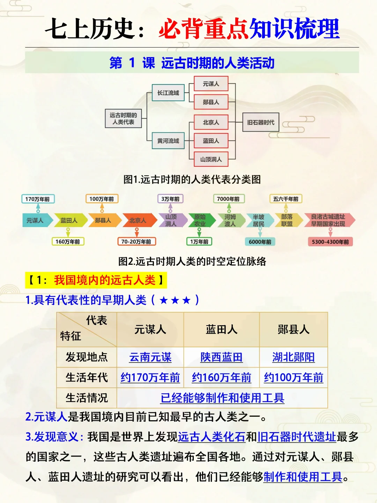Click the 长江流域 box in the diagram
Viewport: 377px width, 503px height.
(x=168, y=93)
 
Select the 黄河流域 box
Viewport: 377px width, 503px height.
(x=168, y=141)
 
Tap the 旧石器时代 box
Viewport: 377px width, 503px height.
(x=261, y=122)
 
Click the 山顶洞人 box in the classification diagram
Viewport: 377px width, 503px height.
(x=211, y=159)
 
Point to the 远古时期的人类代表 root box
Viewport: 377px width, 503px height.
(x=123, y=118)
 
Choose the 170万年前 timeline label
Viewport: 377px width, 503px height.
(x=38, y=199)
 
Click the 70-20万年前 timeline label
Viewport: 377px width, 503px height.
(x=136, y=241)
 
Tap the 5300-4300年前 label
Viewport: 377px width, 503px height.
(x=330, y=242)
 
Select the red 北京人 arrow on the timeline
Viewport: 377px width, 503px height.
(x=138, y=220)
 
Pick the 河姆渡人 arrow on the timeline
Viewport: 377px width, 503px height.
(x=230, y=220)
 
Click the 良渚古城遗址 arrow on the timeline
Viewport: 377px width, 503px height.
(x=328, y=220)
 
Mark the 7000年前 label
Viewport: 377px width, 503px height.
(x=229, y=199)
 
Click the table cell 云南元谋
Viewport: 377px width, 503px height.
(x=150, y=357)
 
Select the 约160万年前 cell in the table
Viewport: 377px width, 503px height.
(x=221, y=378)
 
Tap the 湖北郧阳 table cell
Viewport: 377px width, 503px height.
(x=293, y=357)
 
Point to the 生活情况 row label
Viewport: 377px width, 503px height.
(x=87, y=398)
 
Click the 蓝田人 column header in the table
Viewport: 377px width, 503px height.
(x=221, y=329)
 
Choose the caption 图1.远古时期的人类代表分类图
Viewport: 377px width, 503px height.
(x=192, y=180)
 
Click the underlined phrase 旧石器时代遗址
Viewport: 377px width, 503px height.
(x=296, y=437)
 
